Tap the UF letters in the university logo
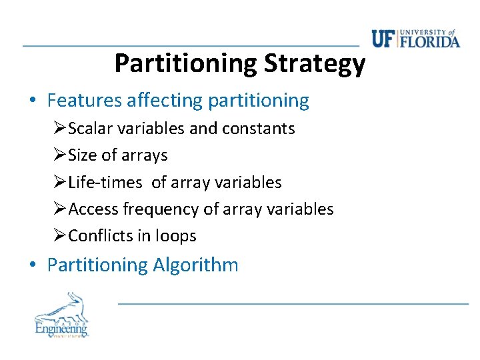pos(384,39)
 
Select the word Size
pos(83,155)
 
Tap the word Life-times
pos(105,182)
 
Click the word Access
pos(93,209)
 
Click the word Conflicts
pos(99,236)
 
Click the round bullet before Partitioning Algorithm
pos(32,265)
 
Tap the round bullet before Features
pos(32,101)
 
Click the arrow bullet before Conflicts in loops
pos(60,236)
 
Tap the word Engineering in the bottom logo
pos(61,328)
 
